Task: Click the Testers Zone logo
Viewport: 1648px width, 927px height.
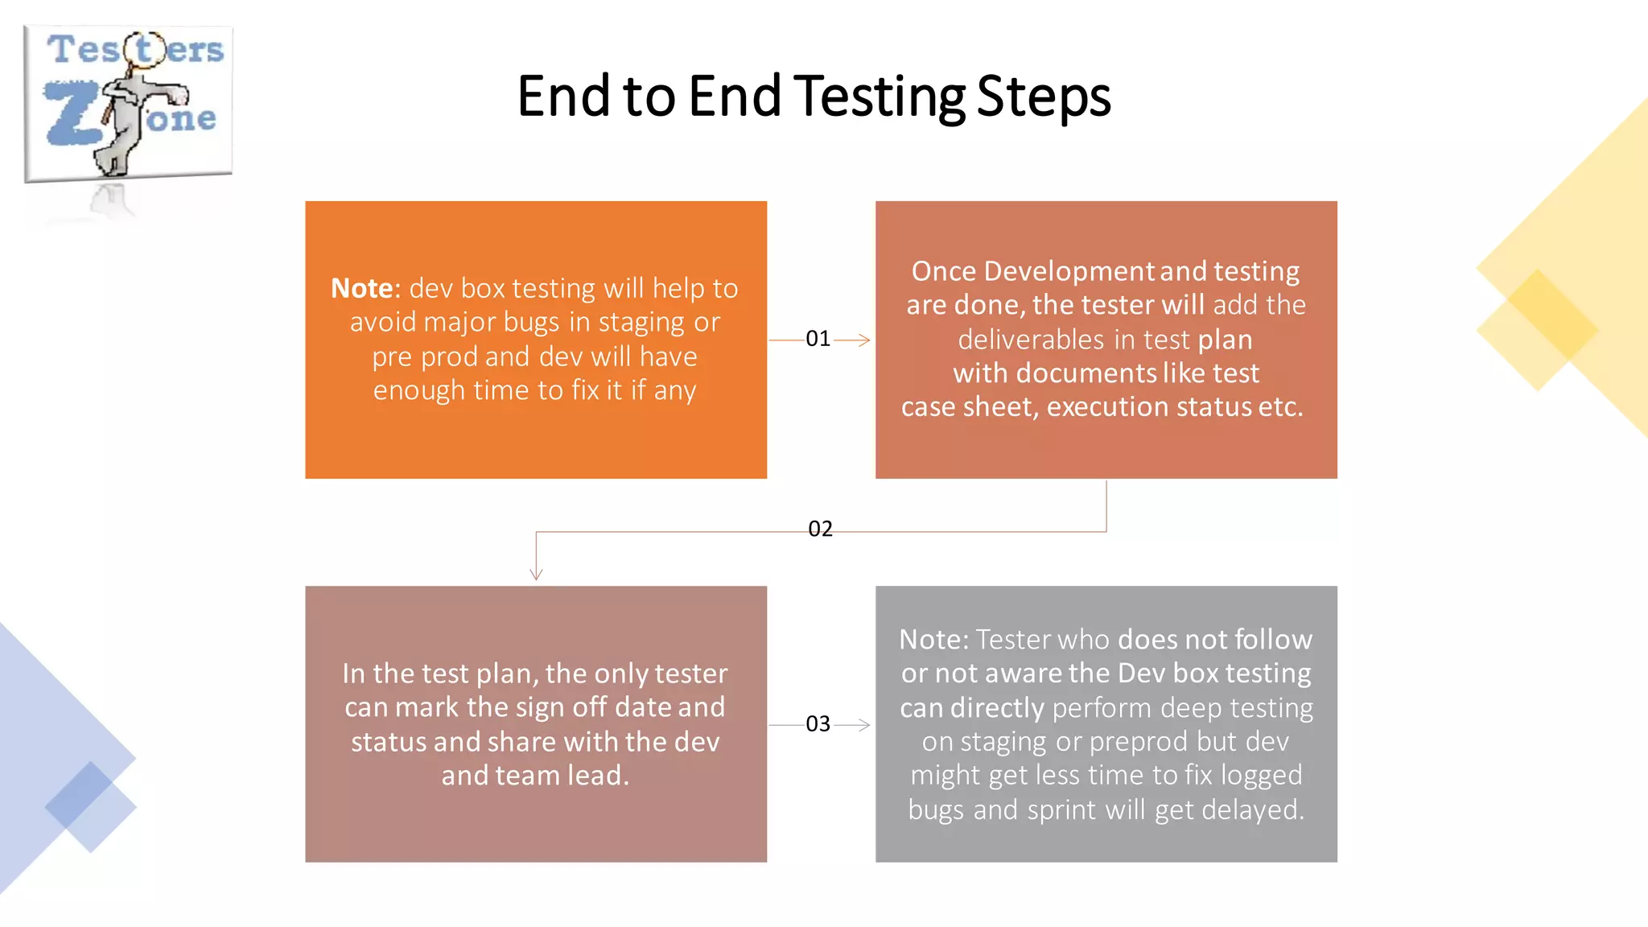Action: click(x=129, y=103)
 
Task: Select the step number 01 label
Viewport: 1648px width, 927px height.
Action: click(x=818, y=339)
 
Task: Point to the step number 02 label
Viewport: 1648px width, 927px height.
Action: click(x=820, y=529)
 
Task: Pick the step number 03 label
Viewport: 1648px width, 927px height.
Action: click(x=818, y=724)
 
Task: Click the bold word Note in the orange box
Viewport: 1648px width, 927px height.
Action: click(x=361, y=288)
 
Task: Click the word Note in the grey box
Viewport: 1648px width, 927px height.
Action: click(x=933, y=640)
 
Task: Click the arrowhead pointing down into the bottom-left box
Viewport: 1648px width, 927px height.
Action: click(x=536, y=574)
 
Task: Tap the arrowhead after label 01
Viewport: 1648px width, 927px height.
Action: click(x=863, y=340)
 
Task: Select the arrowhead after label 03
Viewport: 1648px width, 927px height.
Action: click(x=863, y=725)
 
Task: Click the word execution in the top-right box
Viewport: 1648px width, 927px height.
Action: click(x=1107, y=407)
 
